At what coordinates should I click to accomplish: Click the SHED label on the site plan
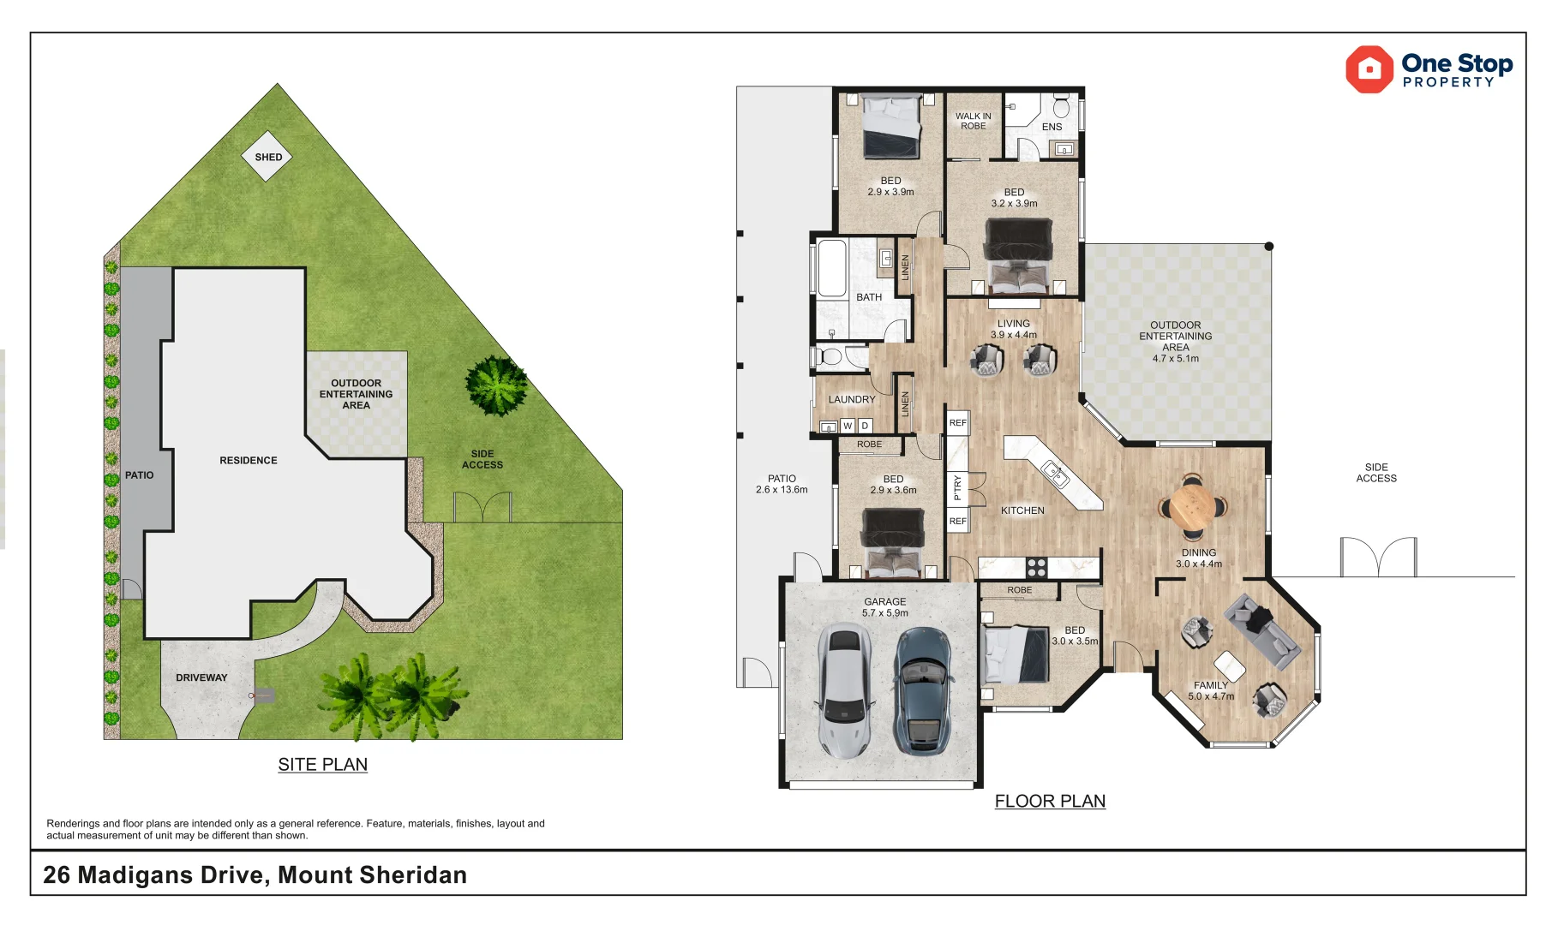click(268, 157)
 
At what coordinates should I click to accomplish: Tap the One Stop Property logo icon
click(1369, 69)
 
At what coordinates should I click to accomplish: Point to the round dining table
click(1192, 506)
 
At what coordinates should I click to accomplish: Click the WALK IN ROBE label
click(973, 121)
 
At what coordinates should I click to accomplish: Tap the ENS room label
click(1052, 127)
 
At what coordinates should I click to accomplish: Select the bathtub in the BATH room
click(832, 268)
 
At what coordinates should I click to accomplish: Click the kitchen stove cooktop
click(1036, 567)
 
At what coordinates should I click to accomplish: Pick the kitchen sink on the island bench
click(1054, 473)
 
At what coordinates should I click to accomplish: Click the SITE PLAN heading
click(322, 764)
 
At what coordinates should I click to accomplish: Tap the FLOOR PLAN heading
click(1049, 801)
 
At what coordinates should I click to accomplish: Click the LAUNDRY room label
click(851, 399)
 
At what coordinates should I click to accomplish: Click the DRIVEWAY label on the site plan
click(201, 677)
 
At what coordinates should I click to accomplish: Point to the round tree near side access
click(496, 385)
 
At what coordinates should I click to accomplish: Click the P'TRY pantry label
click(957, 487)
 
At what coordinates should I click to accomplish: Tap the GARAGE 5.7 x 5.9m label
click(884, 607)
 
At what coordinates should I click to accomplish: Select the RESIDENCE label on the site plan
click(248, 460)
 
